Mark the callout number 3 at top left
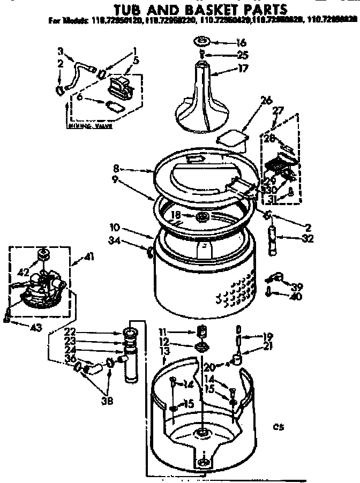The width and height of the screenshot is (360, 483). [61, 51]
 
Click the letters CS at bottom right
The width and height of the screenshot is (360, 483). [277, 427]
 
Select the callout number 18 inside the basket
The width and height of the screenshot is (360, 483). [176, 214]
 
